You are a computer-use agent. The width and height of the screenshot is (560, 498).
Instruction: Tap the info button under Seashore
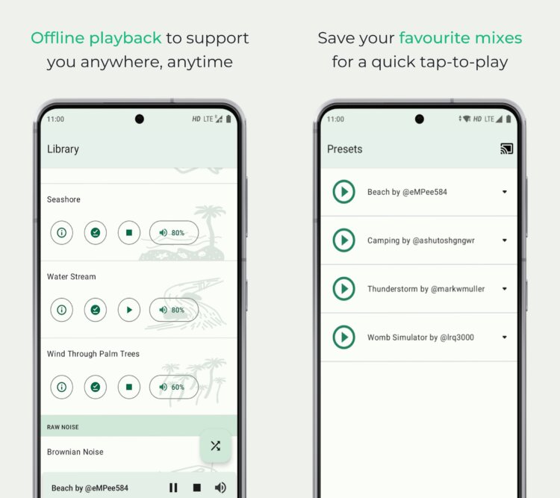point(62,233)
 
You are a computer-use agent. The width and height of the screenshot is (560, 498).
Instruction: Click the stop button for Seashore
point(129,233)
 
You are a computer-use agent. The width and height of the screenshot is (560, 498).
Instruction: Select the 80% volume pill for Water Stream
point(174,310)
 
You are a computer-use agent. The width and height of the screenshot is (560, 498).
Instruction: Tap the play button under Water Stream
point(129,310)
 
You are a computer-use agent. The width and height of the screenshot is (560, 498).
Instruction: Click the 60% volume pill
point(174,387)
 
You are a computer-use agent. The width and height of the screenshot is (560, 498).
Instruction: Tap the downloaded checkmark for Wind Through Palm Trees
point(96,387)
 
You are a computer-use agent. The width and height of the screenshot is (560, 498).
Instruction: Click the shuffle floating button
point(215,446)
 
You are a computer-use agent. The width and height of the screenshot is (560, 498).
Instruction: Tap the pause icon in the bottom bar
point(173,488)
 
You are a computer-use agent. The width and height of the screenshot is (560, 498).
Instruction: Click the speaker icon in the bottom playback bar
point(220,488)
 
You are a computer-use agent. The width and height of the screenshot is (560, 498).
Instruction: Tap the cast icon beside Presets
point(507,149)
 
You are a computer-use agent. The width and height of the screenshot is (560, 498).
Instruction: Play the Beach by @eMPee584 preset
point(344,192)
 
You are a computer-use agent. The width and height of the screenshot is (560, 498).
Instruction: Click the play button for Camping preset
point(344,240)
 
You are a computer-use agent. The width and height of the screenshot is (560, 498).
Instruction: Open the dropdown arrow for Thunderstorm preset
point(505,289)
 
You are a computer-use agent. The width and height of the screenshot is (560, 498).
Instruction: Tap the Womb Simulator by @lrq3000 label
point(420,337)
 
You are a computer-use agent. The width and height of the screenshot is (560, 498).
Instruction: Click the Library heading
point(63,149)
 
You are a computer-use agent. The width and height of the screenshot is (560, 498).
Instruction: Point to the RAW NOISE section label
point(63,427)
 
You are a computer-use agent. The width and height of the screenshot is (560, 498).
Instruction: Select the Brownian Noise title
point(75,452)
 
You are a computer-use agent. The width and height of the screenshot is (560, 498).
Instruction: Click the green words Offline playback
point(96,38)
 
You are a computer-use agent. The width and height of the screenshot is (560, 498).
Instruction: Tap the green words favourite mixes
point(461,38)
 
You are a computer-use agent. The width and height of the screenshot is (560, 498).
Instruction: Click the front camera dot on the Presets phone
point(420,119)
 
